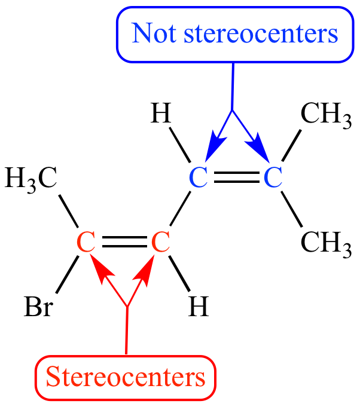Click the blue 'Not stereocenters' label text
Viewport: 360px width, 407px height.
click(x=235, y=33)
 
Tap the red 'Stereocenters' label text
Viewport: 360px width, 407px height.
click(x=126, y=377)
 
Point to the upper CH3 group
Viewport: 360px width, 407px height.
click(x=327, y=115)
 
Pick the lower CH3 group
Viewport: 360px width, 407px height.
click(x=327, y=243)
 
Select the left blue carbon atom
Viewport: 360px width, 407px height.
click(x=199, y=178)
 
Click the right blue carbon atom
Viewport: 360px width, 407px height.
click(x=273, y=178)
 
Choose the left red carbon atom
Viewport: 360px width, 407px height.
click(x=86, y=241)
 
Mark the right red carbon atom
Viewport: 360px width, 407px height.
click(x=161, y=241)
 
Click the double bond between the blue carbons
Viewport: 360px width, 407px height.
click(x=237, y=178)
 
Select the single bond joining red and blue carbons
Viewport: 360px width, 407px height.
click(x=180, y=209)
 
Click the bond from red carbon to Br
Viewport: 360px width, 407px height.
click(x=67, y=275)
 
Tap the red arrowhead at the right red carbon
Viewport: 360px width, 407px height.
click(x=145, y=270)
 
